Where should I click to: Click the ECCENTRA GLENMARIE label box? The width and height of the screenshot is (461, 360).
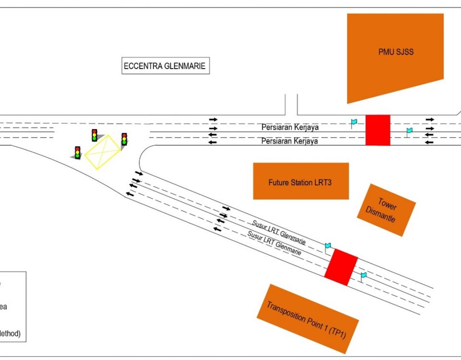click(165, 66)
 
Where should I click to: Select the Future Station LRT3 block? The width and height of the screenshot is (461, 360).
click(301, 181)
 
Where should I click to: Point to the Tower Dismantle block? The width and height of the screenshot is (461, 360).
click(386, 210)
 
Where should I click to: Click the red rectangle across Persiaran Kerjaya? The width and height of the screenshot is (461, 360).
click(377, 130)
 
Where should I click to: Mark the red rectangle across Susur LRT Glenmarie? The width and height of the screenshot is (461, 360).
click(341, 267)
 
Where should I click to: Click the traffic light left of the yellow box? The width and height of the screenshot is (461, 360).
click(94, 135)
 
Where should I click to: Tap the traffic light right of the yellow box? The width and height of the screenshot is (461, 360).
click(124, 140)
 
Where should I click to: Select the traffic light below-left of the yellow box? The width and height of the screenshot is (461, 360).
click(77, 153)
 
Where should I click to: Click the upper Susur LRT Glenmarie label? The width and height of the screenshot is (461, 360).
click(279, 233)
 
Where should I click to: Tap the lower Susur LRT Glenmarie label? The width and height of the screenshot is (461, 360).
click(274, 243)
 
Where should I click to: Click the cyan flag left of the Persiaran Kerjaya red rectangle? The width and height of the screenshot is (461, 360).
click(354, 122)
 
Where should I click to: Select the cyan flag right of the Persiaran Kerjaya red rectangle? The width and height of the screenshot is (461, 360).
click(409, 131)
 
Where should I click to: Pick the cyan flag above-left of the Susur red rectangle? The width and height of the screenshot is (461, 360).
click(328, 246)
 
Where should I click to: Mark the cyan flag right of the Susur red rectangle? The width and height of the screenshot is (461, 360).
click(364, 276)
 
